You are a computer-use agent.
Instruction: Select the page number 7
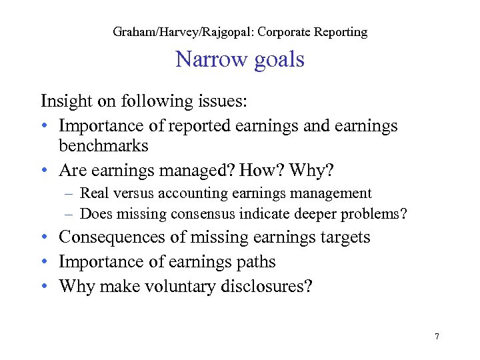coord(437,337)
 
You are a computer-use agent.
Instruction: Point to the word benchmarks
coord(103,145)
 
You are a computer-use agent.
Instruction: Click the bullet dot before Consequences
coord(45,238)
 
